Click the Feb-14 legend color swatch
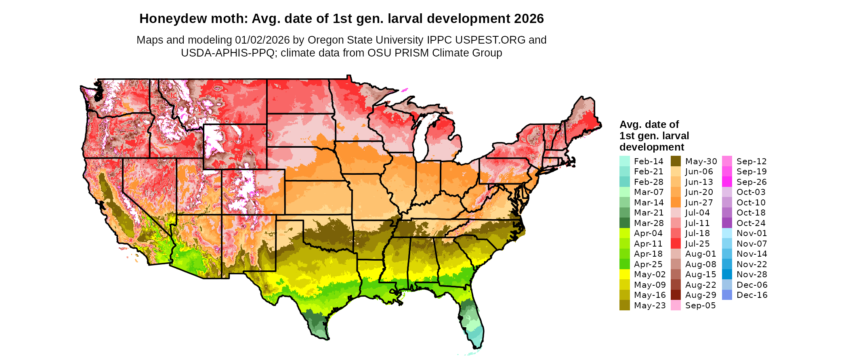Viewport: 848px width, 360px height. (624, 161)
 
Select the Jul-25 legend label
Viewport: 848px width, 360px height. (697, 244)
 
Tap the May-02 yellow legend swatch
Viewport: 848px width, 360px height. (624, 274)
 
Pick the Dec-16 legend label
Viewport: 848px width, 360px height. (751, 295)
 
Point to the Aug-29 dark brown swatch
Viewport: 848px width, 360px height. (676, 295)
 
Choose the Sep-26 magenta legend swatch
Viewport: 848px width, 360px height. (727, 182)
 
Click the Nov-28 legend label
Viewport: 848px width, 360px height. (751, 274)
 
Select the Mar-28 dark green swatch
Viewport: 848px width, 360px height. (624, 223)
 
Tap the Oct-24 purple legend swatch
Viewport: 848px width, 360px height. (727, 223)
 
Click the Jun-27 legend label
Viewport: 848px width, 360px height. (699, 203)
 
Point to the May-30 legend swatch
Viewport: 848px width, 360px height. (676, 161)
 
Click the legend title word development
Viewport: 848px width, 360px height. (652, 147)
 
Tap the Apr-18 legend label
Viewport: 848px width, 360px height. (648, 254)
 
